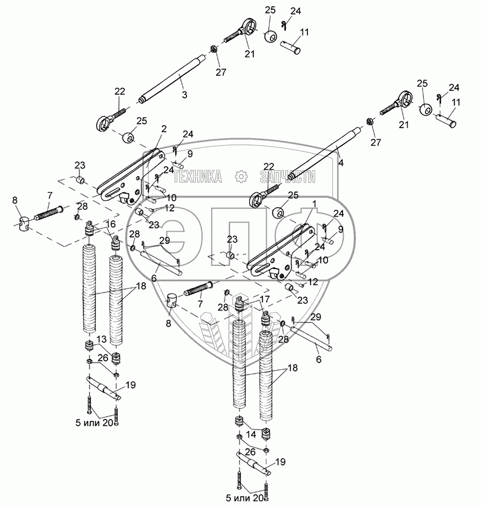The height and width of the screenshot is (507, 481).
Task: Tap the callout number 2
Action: coord(164,129)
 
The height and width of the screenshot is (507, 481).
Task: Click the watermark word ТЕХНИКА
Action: coord(198,177)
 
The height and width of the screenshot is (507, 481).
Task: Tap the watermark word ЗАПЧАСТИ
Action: coord(287,177)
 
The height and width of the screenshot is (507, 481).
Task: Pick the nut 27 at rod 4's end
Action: coord(369,123)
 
